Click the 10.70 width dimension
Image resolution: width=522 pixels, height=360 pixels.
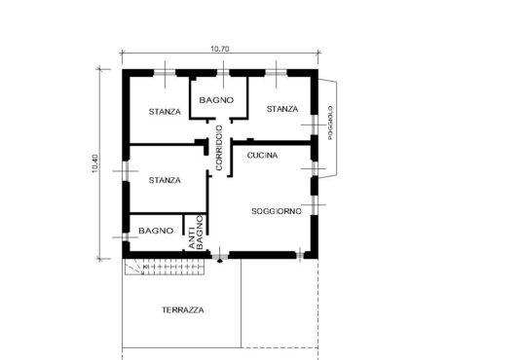(x=220, y=49)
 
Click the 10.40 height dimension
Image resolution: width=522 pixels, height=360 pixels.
(x=95, y=163)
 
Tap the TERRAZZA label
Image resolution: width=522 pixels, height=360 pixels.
(x=183, y=310)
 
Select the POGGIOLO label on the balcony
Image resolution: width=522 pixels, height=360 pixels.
(x=330, y=123)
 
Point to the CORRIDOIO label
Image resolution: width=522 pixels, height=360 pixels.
(x=219, y=148)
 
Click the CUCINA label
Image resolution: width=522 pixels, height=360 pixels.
(x=262, y=156)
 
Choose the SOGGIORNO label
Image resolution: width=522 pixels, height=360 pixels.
(x=277, y=211)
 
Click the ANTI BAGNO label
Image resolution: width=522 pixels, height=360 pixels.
(x=196, y=233)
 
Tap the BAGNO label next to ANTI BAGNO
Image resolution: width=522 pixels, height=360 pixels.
(x=156, y=231)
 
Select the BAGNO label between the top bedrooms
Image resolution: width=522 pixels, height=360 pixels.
(x=216, y=100)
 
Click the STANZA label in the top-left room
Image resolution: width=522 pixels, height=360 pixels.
(x=165, y=112)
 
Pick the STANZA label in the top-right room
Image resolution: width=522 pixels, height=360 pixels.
(x=282, y=109)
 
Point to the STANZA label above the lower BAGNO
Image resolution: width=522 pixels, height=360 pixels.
(x=165, y=180)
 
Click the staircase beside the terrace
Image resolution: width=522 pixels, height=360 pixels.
(x=165, y=267)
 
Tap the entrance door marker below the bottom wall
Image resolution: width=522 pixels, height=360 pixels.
(x=220, y=261)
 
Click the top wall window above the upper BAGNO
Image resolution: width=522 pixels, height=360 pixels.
(x=223, y=73)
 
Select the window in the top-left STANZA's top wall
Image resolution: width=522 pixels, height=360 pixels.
(x=165, y=73)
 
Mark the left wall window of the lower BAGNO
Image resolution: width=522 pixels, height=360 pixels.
(x=126, y=236)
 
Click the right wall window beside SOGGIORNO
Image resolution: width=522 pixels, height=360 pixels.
(x=315, y=205)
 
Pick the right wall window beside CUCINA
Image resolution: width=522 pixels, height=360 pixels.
(x=315, y=168)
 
